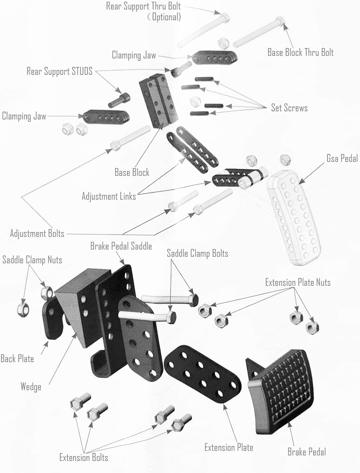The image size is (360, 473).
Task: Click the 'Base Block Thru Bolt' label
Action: pos(300,52)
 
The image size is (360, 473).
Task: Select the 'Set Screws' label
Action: pos(289,108)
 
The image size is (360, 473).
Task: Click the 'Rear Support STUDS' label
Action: pos(60,71)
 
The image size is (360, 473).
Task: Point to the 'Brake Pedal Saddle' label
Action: pos(121,246)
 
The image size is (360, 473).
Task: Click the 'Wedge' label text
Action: pos(31,387)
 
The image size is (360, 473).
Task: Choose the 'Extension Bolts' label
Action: pos(84,458)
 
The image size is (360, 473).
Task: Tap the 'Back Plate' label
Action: pos(17,359)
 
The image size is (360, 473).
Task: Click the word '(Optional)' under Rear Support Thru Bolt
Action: pos(164,17)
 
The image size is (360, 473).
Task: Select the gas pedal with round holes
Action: pos(294,218)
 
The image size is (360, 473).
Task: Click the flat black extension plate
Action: pos(202,374)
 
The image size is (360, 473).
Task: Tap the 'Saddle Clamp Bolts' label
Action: pos(197,253)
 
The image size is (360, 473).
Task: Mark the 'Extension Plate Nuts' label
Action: pos(298,282)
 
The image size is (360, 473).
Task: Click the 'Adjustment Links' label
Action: pos(109,196)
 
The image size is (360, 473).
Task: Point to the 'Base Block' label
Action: pos(132,172)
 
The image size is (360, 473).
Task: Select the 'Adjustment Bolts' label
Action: pos(37,234)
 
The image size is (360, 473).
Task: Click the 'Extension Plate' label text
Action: pos(229,447)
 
